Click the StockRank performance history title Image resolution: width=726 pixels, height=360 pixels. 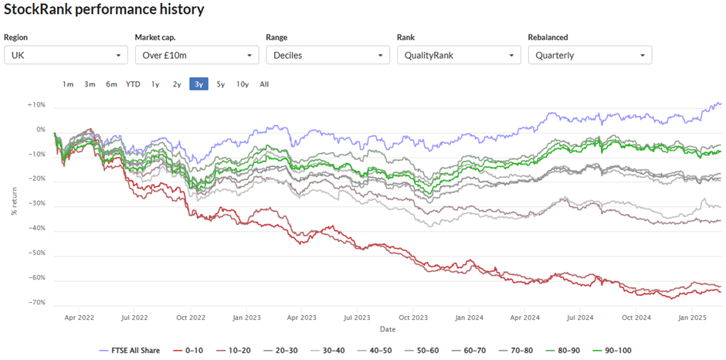[x=103, y=10]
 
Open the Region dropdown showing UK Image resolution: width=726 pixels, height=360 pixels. [x=66, y=55]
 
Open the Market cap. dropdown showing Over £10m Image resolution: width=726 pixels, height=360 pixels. [x=197, y=55]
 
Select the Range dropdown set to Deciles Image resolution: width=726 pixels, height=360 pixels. [x=327, y=55]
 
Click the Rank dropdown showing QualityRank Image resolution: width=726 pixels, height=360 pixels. [x=459, y=55]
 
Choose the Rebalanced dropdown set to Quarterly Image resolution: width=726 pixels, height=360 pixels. [x=590, y=55]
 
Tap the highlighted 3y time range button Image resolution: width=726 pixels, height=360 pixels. [x=198, y=84]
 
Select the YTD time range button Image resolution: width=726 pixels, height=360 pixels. [x=133, y=84]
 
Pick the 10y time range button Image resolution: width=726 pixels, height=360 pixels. [x=243, y=84]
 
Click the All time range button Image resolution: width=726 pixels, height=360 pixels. [x=264, y=84]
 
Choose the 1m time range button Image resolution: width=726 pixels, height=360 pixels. [x=68, y=84]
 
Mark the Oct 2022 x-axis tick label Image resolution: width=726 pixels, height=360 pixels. [x=191, y=318]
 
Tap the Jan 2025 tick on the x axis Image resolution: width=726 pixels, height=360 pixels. [x=692, y=318]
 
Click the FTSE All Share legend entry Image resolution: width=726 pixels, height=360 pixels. [x=129, y=350]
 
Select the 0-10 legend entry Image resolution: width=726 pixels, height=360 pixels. [x=189, y=350]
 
